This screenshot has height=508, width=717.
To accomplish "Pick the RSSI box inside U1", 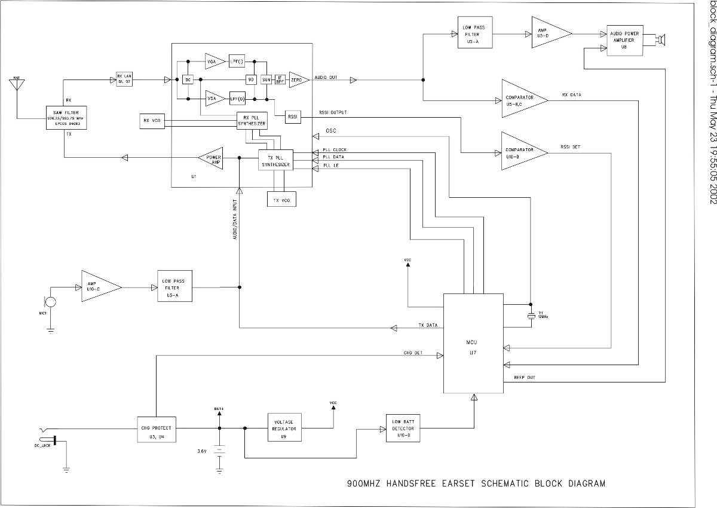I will tap(292, 117).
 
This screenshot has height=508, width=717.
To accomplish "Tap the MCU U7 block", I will tap(473, 344).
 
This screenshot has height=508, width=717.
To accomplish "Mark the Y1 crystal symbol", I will tap(531, 315).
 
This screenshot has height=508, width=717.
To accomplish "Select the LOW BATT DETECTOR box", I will tap(403, 429).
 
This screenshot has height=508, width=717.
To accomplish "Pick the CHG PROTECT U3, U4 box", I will tap(157, 432).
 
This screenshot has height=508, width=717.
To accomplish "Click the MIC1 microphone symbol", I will tap(51, 302).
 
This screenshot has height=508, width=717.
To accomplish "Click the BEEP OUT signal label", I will tap(525, 378).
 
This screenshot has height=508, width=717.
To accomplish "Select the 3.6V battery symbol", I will tap(220, 452).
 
